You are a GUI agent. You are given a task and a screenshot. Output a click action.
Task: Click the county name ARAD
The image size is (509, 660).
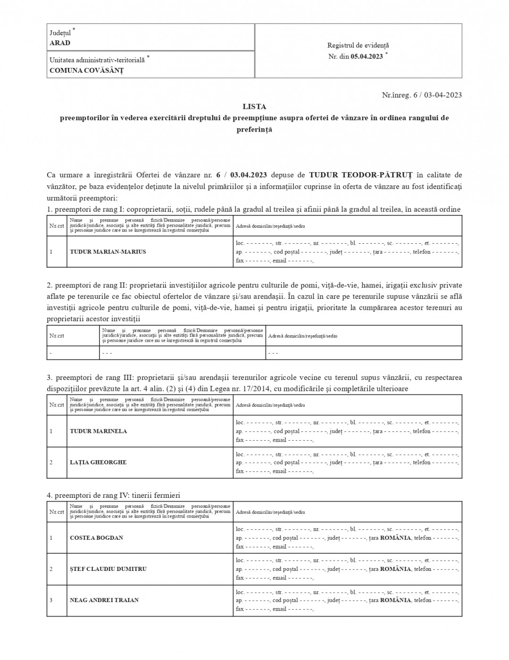tap(60, 43)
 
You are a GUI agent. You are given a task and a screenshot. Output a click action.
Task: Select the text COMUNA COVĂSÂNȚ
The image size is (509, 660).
tap(86, 70)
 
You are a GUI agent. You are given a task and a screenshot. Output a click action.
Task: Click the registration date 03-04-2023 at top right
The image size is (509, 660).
tap(443, 95)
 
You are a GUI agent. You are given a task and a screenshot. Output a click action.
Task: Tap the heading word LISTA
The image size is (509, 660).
tap(254, 107)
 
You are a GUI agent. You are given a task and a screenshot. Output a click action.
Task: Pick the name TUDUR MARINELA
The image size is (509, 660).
tap(98, 431)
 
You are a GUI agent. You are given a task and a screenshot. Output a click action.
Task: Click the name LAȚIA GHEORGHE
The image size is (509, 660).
tap(98, 462)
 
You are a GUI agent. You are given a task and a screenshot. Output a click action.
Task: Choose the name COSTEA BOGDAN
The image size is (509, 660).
tap(96, 537)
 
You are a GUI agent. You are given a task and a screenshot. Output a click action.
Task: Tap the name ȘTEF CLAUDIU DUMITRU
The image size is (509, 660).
tap(108, 569)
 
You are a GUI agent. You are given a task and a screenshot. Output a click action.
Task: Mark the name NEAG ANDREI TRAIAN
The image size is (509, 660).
tap(104, 600)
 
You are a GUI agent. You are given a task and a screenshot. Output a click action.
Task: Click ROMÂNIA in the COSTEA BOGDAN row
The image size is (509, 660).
tap(395, 537)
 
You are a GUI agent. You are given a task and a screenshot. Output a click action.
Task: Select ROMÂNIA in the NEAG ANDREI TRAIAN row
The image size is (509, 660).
tap(395, 600)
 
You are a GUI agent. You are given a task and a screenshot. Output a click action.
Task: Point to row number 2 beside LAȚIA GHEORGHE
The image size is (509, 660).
tap(51, 462)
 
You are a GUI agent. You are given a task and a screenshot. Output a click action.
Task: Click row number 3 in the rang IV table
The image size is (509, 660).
tap(51, 600)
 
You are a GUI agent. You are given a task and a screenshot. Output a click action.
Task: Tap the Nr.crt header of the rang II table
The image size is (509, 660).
tap(57, 336)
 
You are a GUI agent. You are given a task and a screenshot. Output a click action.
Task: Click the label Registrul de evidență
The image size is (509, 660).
tap(358, 45)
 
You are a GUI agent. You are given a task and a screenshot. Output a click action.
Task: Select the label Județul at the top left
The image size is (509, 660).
tap(60, 33)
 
